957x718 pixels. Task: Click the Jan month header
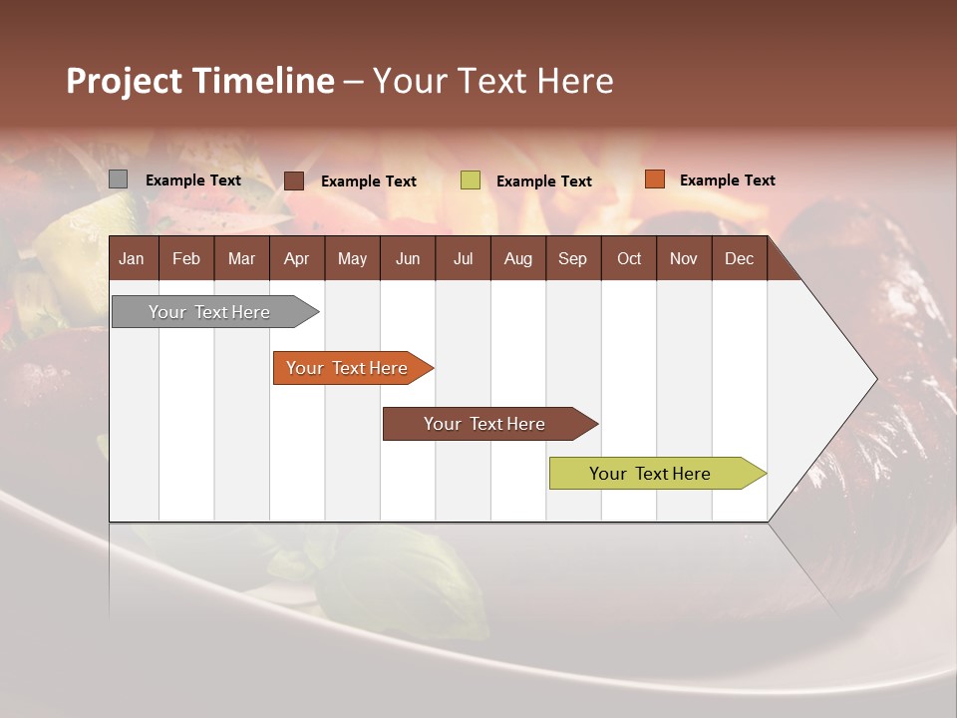[132, 258]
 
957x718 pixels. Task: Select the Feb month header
[186, 258]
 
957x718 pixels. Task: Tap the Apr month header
[296, 258]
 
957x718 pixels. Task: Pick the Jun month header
[408, 258]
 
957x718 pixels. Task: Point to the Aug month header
[517, 258]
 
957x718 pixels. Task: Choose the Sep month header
[572, 258]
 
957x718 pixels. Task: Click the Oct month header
[629, 258]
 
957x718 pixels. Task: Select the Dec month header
[739, 258]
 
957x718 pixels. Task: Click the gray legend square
[119, 179]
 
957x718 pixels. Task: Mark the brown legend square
[294, 180]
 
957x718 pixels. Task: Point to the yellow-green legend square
[471, 180]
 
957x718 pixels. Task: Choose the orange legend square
[654, 179]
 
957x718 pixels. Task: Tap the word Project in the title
[124, 81]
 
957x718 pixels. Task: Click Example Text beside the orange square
[727, 180]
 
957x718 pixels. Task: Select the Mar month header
[241, 258]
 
